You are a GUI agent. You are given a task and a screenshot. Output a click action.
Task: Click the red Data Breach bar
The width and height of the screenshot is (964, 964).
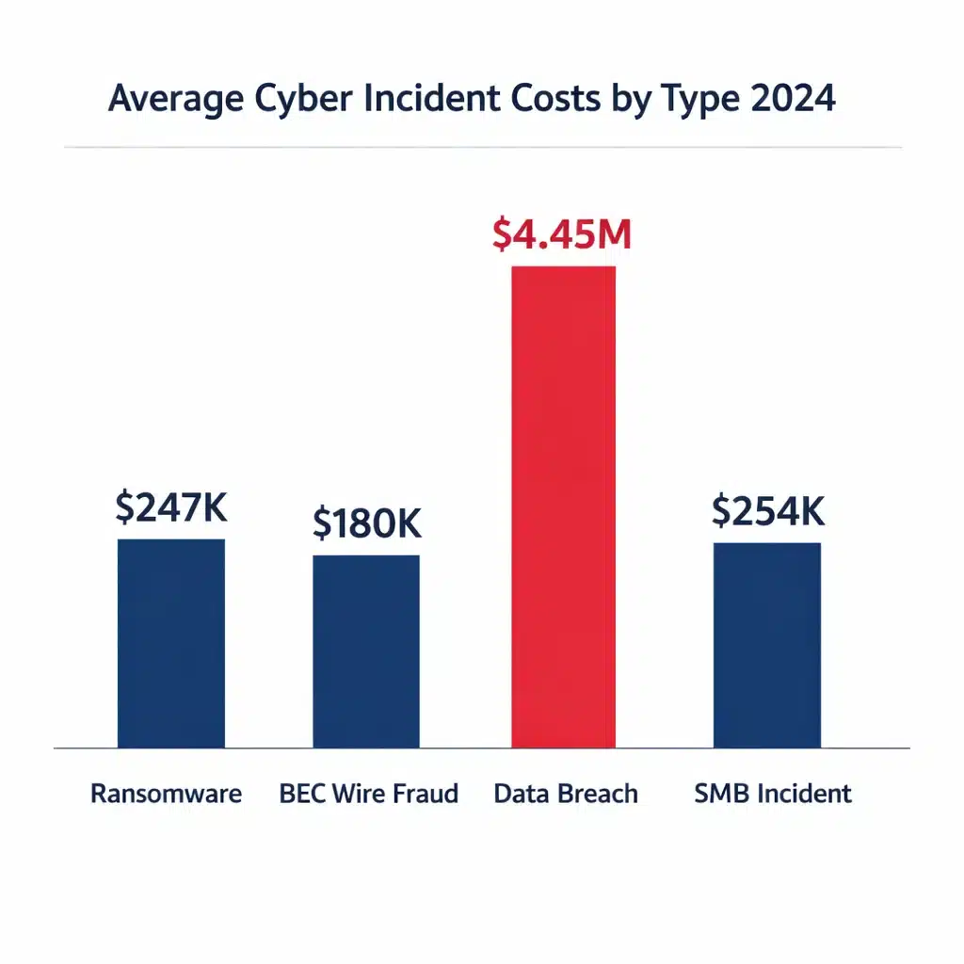[563, 506]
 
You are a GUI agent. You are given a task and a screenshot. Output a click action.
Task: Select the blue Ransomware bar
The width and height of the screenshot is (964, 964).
[171, 643]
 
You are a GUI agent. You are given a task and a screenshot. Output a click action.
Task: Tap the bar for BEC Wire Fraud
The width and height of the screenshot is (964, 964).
[366, 651]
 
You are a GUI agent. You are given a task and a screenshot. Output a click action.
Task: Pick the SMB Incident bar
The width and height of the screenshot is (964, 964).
[766, 645]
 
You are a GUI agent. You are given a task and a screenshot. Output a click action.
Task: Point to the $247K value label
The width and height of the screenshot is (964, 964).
[171, 507]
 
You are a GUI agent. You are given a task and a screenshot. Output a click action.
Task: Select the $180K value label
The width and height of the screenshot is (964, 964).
[366, 524]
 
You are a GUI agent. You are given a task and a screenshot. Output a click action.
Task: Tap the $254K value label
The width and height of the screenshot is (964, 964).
[767, 511]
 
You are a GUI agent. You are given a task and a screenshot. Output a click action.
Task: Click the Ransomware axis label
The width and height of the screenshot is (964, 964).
[166, 794]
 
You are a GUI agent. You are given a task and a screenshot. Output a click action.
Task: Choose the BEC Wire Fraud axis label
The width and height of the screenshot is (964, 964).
[369, 794]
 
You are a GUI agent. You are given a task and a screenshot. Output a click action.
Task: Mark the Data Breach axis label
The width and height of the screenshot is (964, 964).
[566, 794]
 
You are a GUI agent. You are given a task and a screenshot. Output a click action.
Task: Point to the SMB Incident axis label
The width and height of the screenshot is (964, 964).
[773, 794]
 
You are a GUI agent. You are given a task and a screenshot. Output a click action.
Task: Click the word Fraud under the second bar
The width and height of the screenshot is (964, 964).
[425, 794]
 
